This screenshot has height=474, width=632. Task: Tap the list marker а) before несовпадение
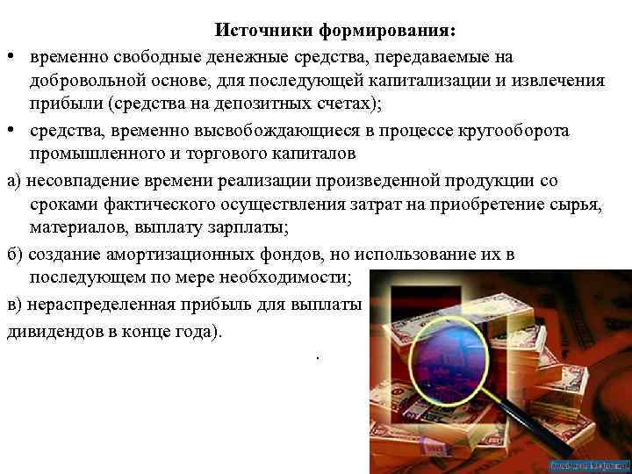click(x=13, y=181)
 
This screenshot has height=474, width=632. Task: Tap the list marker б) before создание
click(x=13, y=255)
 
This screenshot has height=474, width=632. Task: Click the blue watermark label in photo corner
click(x=589, y=463)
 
